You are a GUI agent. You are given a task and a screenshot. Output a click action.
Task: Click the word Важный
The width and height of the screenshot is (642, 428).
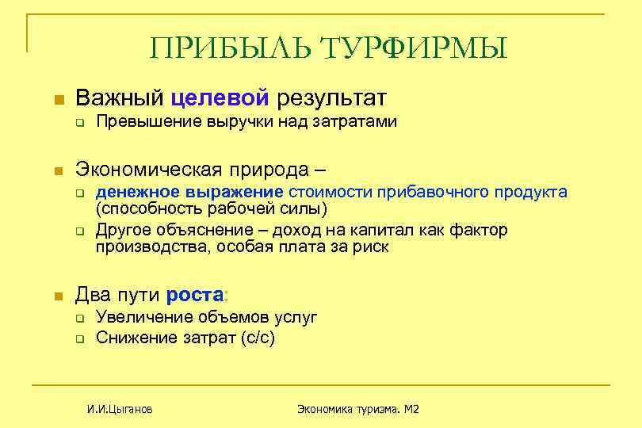(x=119, y=98)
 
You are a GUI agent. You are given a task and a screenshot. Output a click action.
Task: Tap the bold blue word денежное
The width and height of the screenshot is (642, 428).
(x=136, y=192)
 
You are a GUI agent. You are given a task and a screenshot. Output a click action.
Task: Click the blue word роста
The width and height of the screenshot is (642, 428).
(x=194, y=296)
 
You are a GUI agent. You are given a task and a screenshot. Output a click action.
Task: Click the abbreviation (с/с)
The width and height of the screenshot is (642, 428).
(x=257, y=337)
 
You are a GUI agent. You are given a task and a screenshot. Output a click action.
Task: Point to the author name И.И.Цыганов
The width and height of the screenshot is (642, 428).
(x=120, y=409)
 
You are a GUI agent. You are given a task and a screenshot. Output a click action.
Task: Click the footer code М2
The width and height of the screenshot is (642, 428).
(x=411, y=409)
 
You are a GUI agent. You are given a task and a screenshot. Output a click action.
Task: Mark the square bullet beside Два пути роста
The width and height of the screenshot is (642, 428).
(x=56, y=296)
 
